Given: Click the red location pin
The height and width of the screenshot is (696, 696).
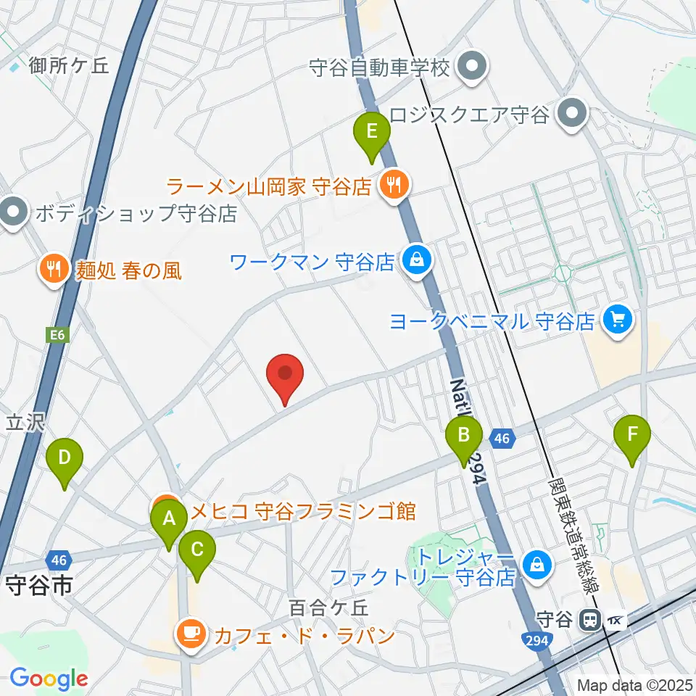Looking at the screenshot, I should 285,373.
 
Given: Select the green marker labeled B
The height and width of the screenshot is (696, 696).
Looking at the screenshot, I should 464,436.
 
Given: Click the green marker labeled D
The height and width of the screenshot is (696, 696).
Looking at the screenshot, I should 65,460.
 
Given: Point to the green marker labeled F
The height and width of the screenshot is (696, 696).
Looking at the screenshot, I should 632,436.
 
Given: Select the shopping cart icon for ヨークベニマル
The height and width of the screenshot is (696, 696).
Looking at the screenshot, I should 617,319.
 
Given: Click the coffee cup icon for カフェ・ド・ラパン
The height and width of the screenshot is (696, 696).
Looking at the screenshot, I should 191,635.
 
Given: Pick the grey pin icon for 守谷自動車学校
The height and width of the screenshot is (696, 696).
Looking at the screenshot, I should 473,68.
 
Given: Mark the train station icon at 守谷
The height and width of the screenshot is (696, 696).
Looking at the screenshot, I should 591,620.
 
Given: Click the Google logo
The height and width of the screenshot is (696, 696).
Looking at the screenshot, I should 48,679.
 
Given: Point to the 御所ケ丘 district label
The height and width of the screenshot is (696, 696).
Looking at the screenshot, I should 69,66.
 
